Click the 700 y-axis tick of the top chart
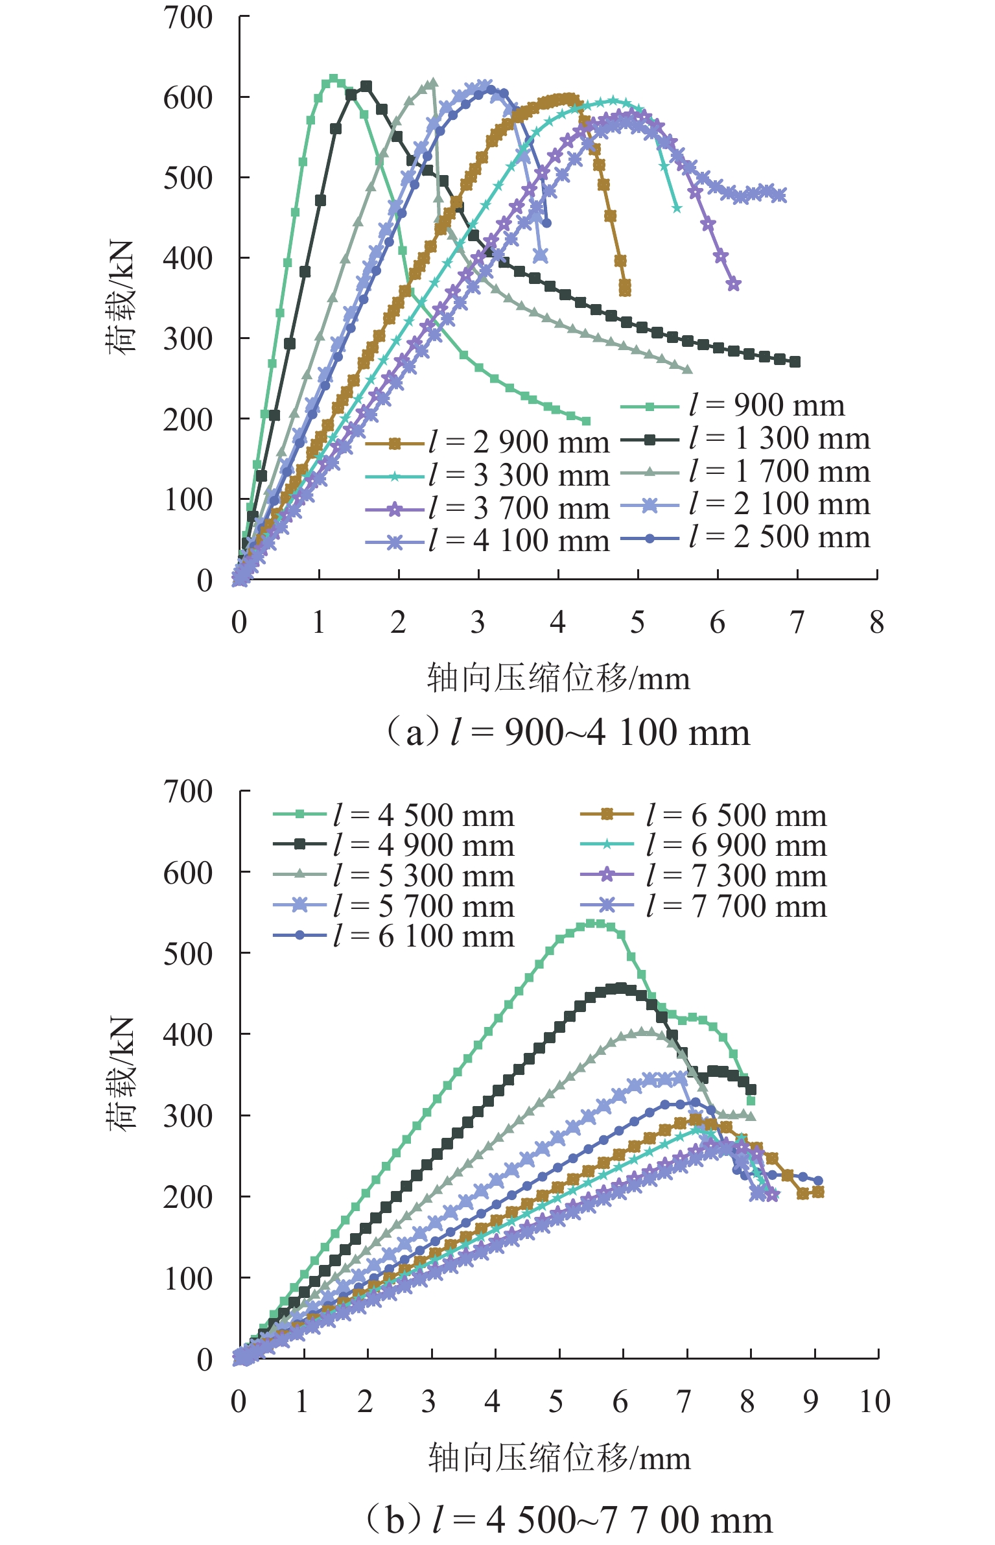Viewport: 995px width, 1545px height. [188, 18]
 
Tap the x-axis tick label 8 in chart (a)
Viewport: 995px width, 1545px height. [876, 623]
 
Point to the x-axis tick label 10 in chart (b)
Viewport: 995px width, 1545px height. [874, 1402]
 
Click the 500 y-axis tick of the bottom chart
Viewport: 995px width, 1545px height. [188, 954]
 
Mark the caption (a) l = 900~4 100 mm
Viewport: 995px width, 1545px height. [567, 733]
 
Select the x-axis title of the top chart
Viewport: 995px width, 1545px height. [558, 679]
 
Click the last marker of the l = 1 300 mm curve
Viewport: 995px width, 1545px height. [795, 362]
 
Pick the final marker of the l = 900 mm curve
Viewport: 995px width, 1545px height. [587, 421]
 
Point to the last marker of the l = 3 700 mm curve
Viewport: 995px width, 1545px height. [734, 284]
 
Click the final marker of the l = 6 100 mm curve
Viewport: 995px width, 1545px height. [818, 1181]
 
